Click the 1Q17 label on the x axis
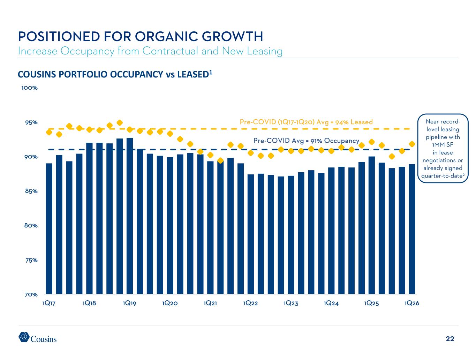(x=49, y=303)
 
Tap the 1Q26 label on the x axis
(x=412, y=303)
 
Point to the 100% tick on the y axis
(x=30, y=88)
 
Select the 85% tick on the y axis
(x=31, y=191)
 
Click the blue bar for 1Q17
(x=49, y=228)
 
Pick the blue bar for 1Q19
(x=130, y=216)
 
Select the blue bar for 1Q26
(x=412, y=229)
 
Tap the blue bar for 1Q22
(x=251, y=234)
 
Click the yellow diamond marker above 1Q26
(x=412, y=144)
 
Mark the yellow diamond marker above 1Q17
(x=49, y=132)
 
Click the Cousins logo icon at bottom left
(x=24, y=337)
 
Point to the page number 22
(x=450, y=339)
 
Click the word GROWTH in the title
(x=233, y=36)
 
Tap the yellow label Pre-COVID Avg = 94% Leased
(x=306, y=122)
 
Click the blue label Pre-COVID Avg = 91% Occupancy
(x=306, y=141)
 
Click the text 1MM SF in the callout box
(x=443, y=145)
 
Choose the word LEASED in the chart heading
(x=193, y=75)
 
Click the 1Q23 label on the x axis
(x=291, y=303)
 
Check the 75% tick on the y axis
(x=31, y=260)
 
